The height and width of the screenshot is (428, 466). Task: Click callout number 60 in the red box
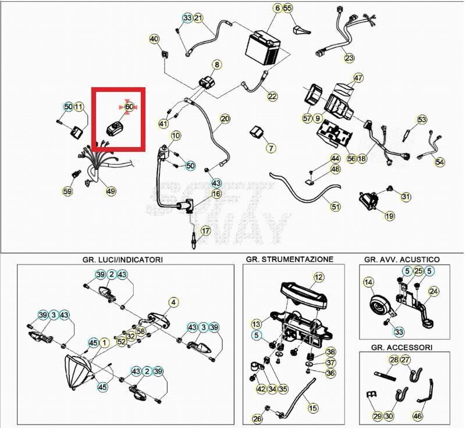[129, 107]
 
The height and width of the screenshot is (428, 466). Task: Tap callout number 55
[288, 8]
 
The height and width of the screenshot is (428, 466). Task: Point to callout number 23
[349, 58]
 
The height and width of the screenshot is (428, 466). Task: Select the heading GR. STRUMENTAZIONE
[289, 259]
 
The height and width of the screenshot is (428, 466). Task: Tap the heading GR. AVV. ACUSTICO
[401, 259]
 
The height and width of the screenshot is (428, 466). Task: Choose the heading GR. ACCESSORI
[401, 347]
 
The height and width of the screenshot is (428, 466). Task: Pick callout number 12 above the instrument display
[318, 277]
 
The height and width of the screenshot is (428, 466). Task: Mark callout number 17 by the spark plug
[205, 231]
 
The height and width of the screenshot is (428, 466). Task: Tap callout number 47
[358, 77]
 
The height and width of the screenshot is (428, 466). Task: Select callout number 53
[422, 120]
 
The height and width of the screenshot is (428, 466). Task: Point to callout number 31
[405, 197]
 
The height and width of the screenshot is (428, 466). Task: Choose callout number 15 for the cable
[313, 408]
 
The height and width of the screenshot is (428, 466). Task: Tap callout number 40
[154, 39]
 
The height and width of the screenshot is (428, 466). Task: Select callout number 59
[68, 191]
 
